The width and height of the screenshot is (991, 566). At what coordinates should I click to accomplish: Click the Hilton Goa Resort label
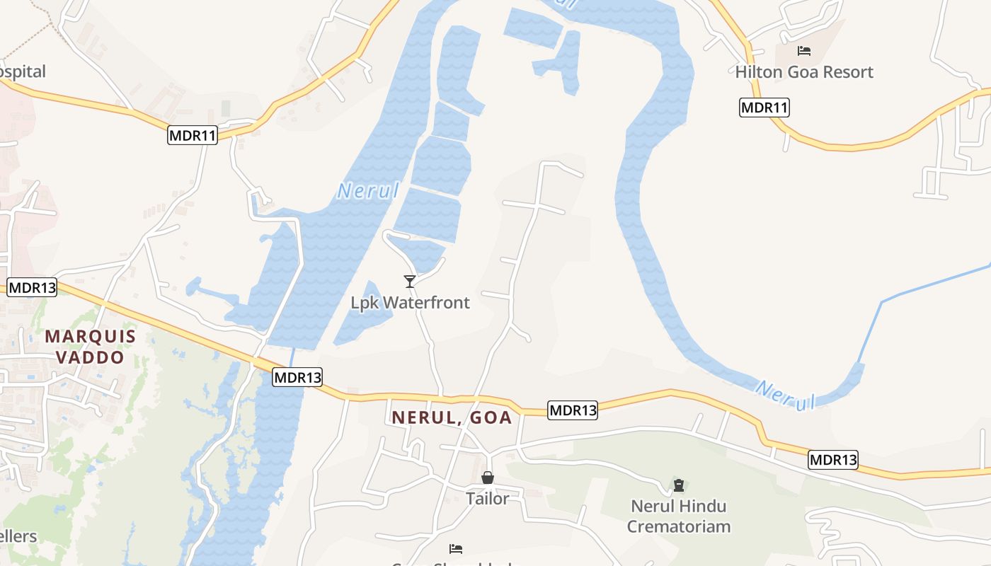803,72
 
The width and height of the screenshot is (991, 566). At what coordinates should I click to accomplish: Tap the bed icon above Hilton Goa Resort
803,51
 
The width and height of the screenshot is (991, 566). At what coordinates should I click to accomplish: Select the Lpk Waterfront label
410,303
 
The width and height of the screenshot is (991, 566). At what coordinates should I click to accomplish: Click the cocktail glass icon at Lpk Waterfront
409,282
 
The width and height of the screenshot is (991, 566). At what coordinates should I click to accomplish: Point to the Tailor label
487,499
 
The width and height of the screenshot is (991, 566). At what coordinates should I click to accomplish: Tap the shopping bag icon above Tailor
487,478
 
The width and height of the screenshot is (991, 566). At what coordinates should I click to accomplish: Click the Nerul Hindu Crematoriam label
678,516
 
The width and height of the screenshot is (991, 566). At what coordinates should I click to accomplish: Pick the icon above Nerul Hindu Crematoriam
679,485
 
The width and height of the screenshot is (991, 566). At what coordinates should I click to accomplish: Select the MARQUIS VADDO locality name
90,346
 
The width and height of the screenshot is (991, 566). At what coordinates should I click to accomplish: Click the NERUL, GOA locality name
452,417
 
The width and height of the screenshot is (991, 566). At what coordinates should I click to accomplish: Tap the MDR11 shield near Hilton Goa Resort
764,108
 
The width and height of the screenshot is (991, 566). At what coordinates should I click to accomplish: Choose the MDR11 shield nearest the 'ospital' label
192,135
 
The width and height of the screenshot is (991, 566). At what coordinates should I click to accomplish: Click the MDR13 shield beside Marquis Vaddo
31,287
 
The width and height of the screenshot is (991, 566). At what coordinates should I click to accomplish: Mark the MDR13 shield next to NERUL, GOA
572,410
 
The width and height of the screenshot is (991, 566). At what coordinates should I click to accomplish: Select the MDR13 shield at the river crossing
297,378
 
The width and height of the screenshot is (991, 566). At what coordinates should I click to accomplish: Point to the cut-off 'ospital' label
23,71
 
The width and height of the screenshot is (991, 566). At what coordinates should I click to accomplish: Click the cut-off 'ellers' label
18,536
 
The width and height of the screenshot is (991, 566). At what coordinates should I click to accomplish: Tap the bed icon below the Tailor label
456,549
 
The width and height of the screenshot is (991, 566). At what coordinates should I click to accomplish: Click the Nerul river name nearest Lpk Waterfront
368,190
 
